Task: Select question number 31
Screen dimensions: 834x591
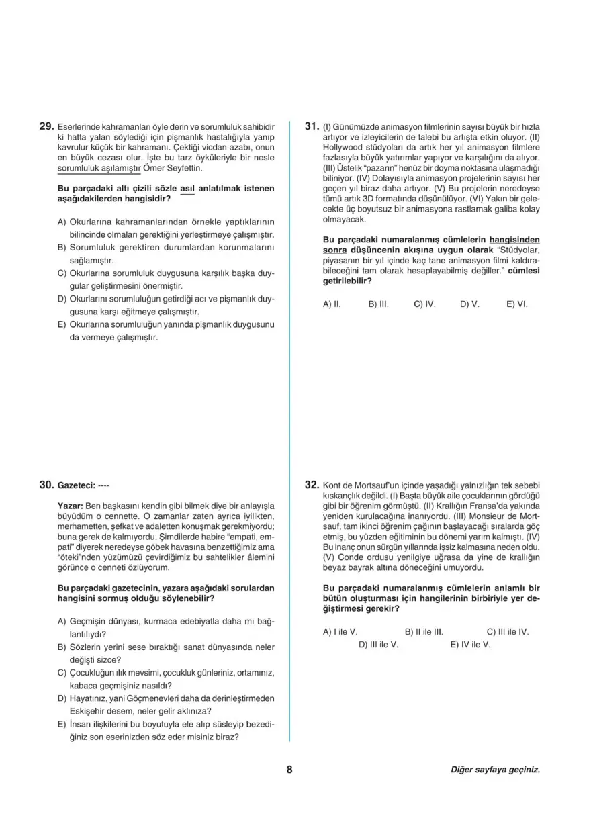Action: pos(311,126)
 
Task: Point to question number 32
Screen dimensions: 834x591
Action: pos(311,484)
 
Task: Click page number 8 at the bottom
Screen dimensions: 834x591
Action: pos(289,770)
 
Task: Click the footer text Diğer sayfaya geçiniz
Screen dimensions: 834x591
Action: pos(495,770)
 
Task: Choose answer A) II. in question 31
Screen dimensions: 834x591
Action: pos(332,304)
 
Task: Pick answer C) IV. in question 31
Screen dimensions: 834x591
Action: pos(424,304)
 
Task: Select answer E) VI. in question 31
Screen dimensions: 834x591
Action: pos(517,304)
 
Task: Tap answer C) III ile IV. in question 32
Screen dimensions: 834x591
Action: pos(508,632)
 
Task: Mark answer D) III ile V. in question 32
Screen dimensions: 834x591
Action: pos(379,645)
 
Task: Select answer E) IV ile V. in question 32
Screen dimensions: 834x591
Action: pos(470,645)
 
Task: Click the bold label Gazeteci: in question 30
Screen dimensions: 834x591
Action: pos(76,485)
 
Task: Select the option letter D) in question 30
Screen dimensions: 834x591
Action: pos(62,698)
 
